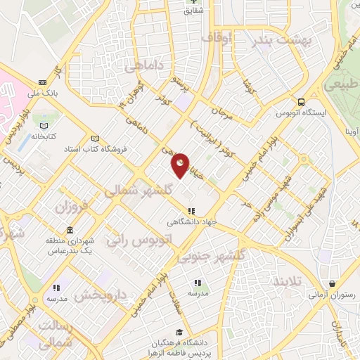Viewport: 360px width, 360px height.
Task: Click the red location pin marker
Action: tap(181, 165)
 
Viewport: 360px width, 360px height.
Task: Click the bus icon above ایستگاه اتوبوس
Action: tap(302, 101)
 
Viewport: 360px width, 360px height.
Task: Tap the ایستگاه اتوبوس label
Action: tap(300, 113)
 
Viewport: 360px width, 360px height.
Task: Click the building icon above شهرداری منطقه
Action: tap(70, 231)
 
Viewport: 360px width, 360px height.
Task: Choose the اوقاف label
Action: tap(217, 37)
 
